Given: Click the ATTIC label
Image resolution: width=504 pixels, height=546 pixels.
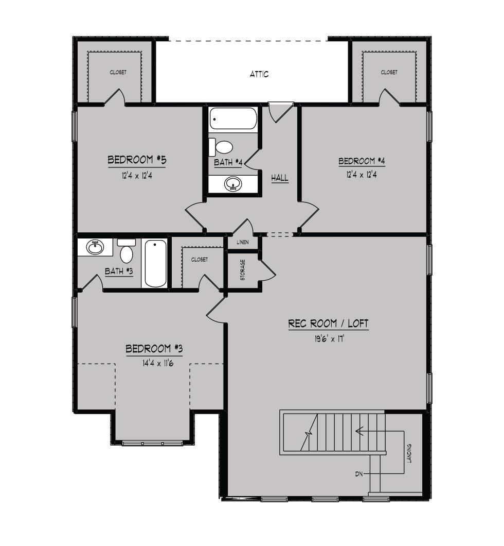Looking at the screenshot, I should [x=259, y=74].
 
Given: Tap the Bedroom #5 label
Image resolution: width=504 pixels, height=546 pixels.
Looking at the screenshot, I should [x=137, y=160].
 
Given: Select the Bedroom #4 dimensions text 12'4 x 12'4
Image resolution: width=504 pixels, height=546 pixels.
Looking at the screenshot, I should [x=362, y=175].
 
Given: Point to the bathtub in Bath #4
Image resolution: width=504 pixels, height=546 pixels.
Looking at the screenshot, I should [x=233, y=120].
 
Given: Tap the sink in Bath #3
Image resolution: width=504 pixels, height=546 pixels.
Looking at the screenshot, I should [x=95, y=248].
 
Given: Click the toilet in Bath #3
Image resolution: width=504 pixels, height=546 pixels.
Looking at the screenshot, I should [x=127, y=252].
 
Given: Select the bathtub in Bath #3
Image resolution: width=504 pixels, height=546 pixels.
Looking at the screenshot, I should [x=155, y=263].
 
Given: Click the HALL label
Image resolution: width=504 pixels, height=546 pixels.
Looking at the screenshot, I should [x=280, y=178].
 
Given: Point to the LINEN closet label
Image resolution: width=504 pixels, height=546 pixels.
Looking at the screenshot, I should [x=243, y=242].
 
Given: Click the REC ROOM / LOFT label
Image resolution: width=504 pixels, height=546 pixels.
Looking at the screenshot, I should [x=328, y=324].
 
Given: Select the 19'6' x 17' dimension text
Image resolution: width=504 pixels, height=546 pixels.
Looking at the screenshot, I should [x=328, y=339].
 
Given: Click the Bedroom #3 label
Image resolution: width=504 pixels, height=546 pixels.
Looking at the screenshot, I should [x=154, y=349].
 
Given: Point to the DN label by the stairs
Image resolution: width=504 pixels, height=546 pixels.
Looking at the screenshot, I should [x=359, y=473].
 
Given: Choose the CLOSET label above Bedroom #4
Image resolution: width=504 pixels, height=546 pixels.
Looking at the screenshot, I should [x=389, y=73].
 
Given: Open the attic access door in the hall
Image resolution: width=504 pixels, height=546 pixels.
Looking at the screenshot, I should [x=281, y=111].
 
